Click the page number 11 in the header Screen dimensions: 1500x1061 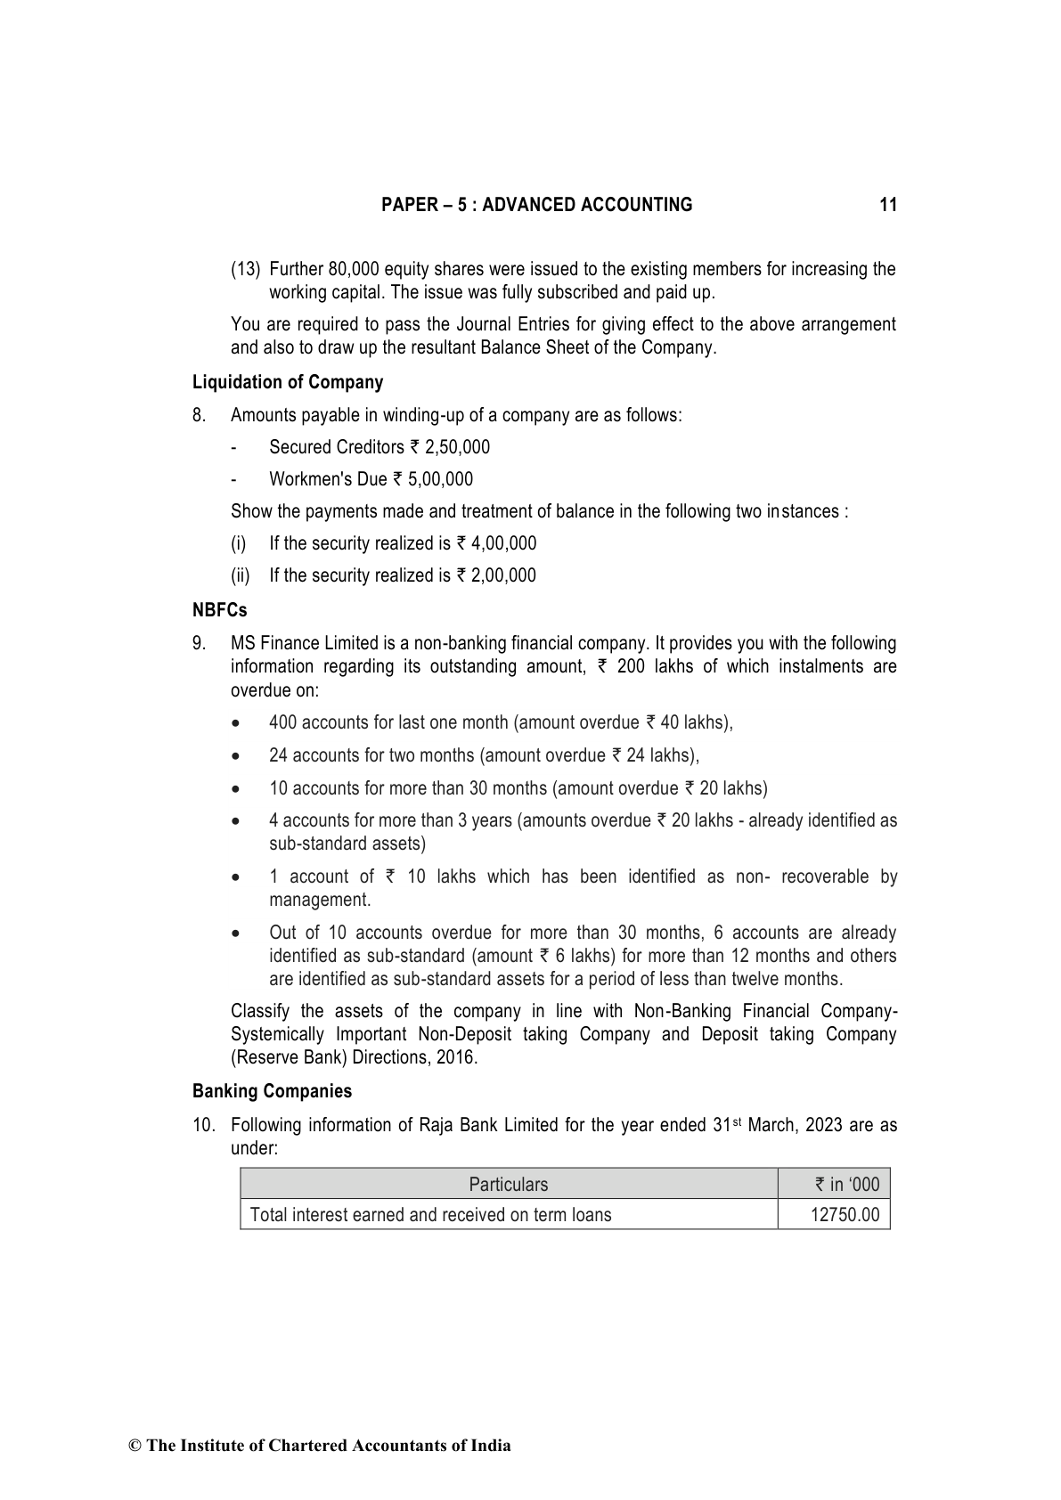pyautogui.click(x=887, y=205)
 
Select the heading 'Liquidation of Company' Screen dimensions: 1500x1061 pyautogui.click(x=288, y=382)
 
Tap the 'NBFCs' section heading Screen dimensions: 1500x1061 pyautogui.click(x=219, y=610)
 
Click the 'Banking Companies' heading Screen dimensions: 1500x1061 pyautogui.click(x=272, y=1091)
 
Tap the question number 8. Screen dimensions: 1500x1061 pyautogui.click(x=199, y=415)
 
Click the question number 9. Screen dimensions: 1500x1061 pyautogui.click(x=199, y=643)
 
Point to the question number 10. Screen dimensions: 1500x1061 pyautogui.click(x=204, y=1125)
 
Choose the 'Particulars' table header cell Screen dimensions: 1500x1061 pyautogui.click(x=509, y=1185)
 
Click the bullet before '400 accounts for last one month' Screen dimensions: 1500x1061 pyautogui.click(x=235, y=723)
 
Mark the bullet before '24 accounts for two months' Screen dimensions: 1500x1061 pyautogui.click(x=235, y=756)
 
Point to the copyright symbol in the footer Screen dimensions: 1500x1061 pyautogui.click(x=135, y=1446)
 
